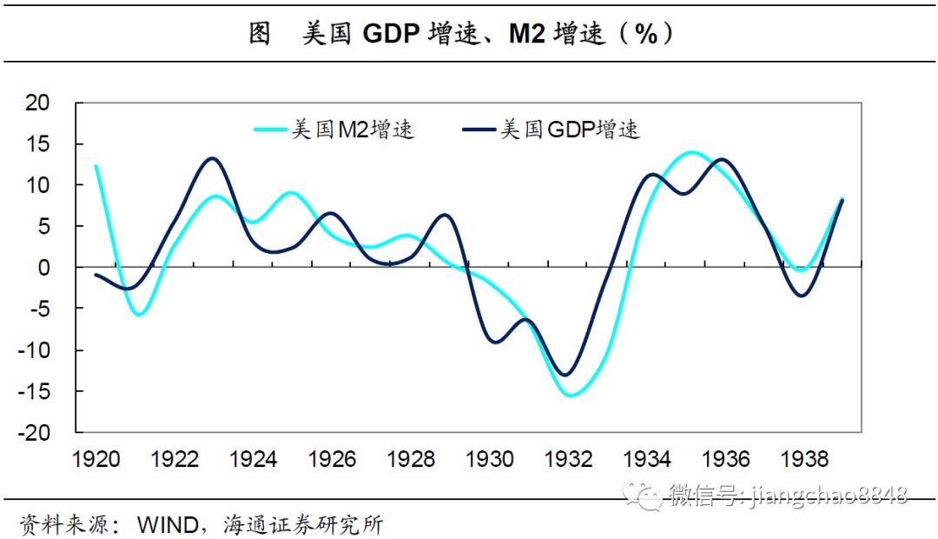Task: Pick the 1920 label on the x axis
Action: pos(96,459)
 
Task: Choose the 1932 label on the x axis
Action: pos(569,459)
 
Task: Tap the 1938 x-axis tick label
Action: pos(805,459)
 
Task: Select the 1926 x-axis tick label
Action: pos(333,459)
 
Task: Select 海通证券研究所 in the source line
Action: pos(303,524)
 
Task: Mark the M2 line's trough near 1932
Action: pos(571,396)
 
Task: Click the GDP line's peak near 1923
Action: pos(213,158)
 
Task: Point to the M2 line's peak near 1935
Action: pos(690,152)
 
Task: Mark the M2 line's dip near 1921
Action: pos(138,314)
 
